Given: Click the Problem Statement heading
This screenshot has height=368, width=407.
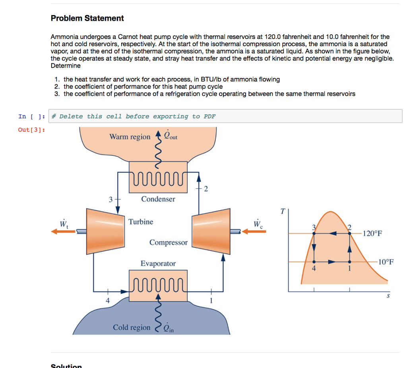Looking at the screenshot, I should tap(87, 18).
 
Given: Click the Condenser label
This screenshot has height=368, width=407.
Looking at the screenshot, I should tap(158, 199).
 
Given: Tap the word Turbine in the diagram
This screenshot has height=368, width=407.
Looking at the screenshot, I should tap(141, 222).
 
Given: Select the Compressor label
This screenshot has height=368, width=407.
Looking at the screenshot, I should tap(169, 242).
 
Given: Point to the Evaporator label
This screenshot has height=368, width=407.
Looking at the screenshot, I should tap(158, 263).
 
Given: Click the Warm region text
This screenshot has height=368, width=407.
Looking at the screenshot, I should tap(130, 137).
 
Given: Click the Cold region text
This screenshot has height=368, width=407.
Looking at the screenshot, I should tap(132, 327).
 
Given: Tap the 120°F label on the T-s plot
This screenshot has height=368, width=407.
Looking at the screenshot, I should tap(372, 233).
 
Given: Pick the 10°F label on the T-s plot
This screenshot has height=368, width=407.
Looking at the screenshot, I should tap(386, 262).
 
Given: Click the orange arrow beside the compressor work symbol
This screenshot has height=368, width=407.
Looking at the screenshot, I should tap(254, 231).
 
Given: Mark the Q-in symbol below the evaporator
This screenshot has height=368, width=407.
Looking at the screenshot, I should tap(169, 327).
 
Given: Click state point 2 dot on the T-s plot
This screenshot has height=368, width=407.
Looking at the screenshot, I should tap(349, 233).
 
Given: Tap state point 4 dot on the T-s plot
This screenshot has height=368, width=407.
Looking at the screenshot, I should tap(314, 262).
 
